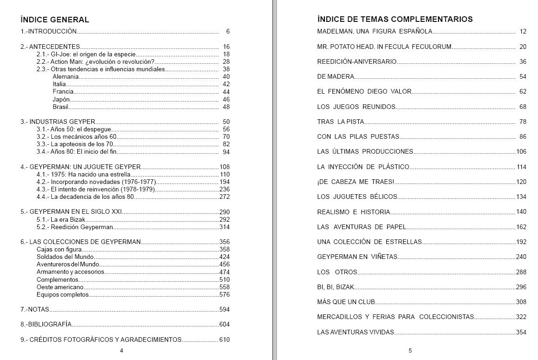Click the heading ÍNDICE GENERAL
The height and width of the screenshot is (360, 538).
(x=55, y=20)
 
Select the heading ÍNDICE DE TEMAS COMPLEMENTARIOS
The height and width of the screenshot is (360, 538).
(x=395, y=19)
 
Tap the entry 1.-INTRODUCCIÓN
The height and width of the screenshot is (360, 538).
(x=48, y=32)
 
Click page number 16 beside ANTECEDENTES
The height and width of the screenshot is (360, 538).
(x=226, y=47)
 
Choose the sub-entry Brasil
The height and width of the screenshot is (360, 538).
(x=61, y=107)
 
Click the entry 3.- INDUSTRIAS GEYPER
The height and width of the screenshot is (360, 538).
(x=58, y=122)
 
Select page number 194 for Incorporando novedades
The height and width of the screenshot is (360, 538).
(x=225, y=182)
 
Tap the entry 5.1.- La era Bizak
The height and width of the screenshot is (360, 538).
(x=60, y=219)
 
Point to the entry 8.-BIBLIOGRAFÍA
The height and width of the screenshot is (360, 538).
(x=46, y=324)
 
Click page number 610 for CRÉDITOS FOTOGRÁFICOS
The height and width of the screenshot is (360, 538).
(x=225, y=340)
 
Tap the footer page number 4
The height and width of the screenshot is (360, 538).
(x=121, y=351)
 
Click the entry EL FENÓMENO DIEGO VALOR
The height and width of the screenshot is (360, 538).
(x=364, y=91)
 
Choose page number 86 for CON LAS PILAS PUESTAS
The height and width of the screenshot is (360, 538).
(x=523, y=136)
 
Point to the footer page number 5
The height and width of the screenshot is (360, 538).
(x=410, y=351)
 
